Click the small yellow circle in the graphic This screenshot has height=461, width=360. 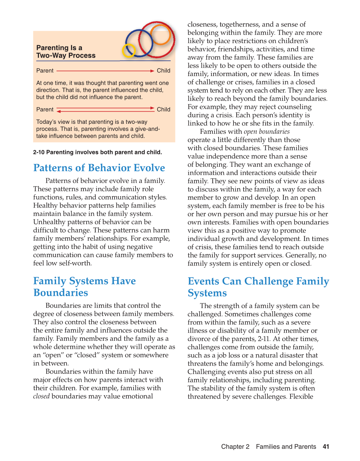point(129,50)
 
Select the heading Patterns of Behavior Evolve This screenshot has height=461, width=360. point(99,168)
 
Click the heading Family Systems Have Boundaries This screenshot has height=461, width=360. point(84,287)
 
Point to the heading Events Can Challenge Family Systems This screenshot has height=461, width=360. point(258,287)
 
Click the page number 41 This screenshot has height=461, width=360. point(326,446)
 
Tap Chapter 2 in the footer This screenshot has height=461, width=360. point(235,446)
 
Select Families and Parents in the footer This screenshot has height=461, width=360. point(286,446)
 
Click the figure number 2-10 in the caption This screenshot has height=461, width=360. point(39,152)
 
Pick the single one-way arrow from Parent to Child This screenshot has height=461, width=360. point(105,71)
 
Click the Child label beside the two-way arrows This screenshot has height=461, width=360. point(163,109)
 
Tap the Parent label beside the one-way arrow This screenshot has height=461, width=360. point(45,71)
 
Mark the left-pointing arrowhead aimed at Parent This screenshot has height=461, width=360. point(59,111)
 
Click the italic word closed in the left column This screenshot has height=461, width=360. point(41,396)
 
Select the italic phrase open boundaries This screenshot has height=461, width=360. point(267,132)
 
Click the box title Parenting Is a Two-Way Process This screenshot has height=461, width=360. point(66,52)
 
